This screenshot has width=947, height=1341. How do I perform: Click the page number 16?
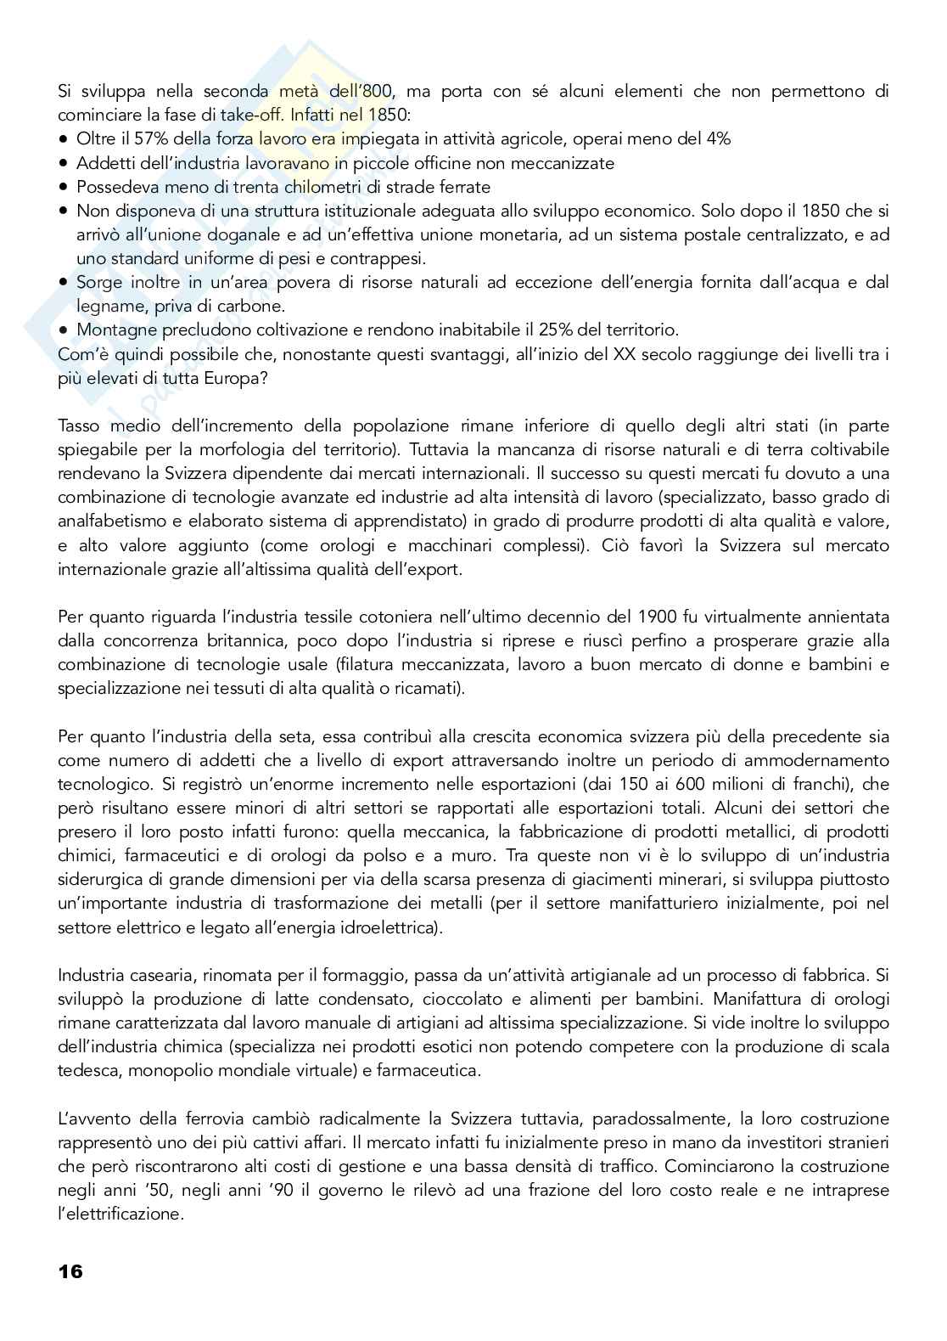(x=70, y=1272)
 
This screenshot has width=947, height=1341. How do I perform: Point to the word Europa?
(x=238, y=377)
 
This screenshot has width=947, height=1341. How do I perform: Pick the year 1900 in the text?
(x=636, y=617)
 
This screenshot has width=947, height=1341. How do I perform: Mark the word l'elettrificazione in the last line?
(x=120, y=1213)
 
